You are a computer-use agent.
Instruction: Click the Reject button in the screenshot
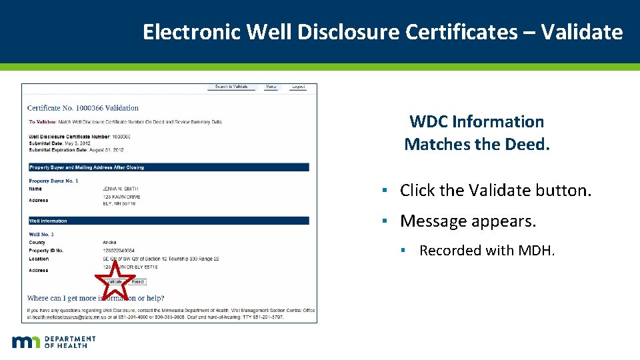137,282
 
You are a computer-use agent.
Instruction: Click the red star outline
115,281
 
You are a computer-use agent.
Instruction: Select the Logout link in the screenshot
298,87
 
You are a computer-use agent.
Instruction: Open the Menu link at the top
271,87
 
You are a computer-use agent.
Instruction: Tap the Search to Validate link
231,87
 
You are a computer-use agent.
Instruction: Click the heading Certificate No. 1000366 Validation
83,107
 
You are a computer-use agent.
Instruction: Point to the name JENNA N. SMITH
121,189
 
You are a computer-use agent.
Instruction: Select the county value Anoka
109,242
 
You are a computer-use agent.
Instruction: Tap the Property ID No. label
46,251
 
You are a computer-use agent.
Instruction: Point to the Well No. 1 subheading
41,234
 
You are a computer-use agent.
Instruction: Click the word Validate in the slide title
581,31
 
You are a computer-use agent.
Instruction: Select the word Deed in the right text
529,144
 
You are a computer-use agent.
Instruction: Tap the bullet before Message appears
385,221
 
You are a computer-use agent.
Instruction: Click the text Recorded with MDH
487,251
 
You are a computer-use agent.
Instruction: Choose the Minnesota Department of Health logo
53,342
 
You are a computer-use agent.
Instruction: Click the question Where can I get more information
95,298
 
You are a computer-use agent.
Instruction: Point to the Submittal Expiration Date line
76,150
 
